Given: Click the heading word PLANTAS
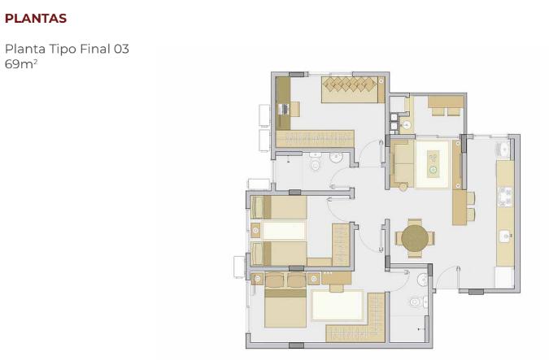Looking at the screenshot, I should pos(36,18).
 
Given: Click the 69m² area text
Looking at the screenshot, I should pos(20,63).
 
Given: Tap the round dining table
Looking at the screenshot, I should pos(415,238).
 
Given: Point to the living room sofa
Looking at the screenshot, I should pos(403,164).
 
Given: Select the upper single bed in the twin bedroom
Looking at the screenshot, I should pos(279,208).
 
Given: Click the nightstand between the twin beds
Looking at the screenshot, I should pos(256,231).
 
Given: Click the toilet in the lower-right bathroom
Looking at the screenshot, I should pos(416,302).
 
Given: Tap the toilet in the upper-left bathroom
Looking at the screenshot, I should pos(316,167).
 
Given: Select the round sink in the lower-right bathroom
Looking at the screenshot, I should pos(422,280).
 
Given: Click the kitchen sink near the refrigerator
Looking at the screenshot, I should pos(505,236).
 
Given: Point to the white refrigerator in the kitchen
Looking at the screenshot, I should pos(504,277).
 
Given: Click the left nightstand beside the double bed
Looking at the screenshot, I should pos(258,279).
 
